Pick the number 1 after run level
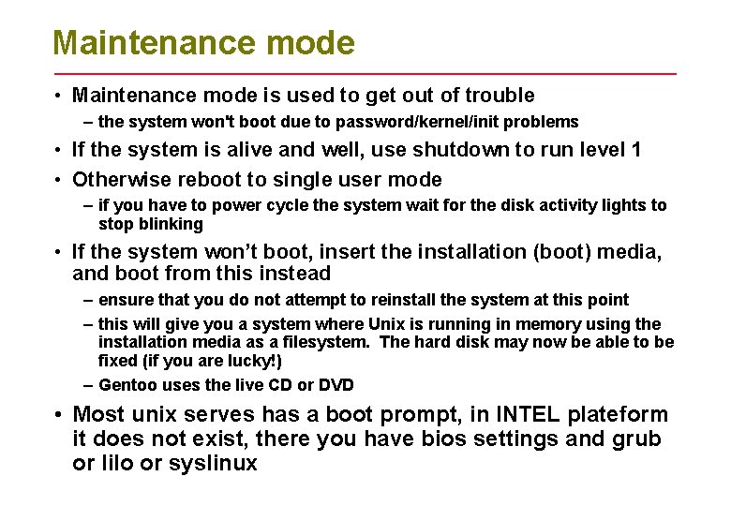tap(635, 150)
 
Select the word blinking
tap(171, 224)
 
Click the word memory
tap(525, 324)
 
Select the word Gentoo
tap(127, 385)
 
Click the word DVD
tap(336, 385)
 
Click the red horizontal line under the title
tap(365, 73)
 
